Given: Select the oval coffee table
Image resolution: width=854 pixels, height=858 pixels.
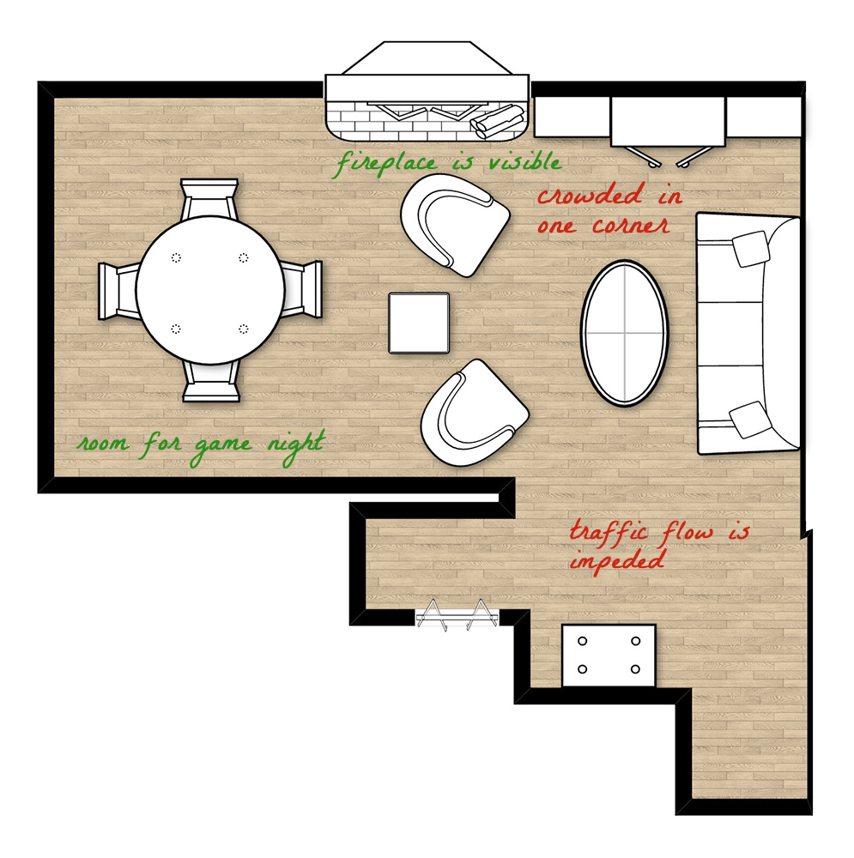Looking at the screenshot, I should pos(625,333).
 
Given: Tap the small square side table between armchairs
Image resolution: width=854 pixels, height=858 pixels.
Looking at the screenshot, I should pos(419,323).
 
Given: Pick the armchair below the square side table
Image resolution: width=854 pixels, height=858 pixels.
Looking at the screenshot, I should pos(473,412).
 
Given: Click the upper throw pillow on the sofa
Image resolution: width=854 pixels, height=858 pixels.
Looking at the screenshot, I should pos(753,248).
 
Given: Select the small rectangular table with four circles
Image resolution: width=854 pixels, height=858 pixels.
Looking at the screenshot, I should pos(609,656).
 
